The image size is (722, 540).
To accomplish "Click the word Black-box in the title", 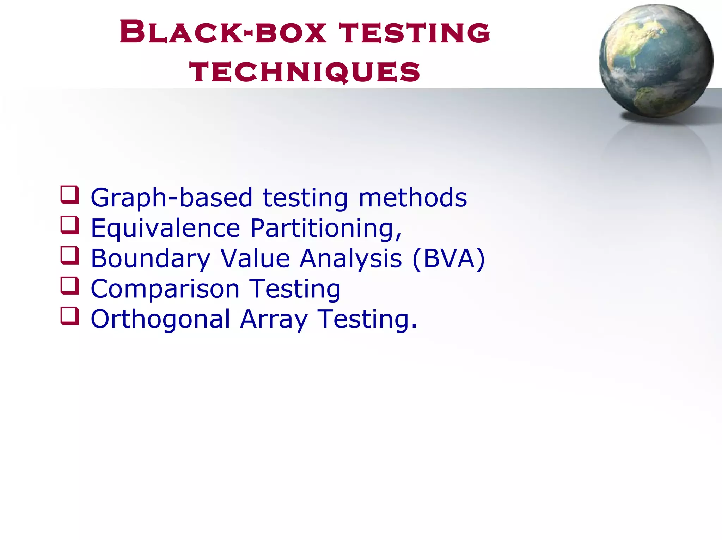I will [223, 32].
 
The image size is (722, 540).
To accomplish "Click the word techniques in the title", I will [305, 72].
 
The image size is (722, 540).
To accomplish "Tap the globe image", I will [656, 61].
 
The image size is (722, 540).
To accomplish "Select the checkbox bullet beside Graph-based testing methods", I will [69, 195].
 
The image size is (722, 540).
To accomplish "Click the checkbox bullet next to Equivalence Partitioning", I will [69, 225].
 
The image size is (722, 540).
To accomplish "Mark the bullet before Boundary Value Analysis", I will [69, 255].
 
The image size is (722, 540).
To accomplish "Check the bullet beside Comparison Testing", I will [69, 286].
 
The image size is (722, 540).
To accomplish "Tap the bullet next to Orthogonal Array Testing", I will [69, 316].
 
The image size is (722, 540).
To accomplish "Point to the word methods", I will [412, 198].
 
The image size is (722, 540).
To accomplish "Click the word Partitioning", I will [326, 229].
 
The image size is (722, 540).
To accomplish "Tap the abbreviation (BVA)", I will [448, 259].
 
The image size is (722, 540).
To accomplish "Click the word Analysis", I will [351, 259].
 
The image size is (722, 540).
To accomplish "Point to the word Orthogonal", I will [160, 319].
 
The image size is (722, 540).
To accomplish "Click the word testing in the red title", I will [415, 32].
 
